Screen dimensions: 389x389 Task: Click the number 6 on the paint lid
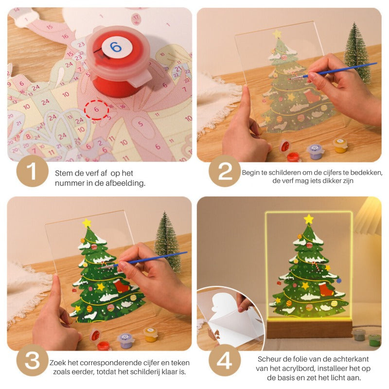(x=115, y=47)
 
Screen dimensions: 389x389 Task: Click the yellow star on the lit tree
(x=308, y=219)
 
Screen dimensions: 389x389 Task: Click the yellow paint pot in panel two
(x=340, y=145)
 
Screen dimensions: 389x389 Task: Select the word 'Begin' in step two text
(x=251, y=172)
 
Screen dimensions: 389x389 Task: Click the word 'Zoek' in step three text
(x=57, y=363)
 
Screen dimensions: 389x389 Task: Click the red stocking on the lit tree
(x=325, y=289)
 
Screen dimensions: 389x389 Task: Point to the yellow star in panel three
(x=87, y=223)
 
